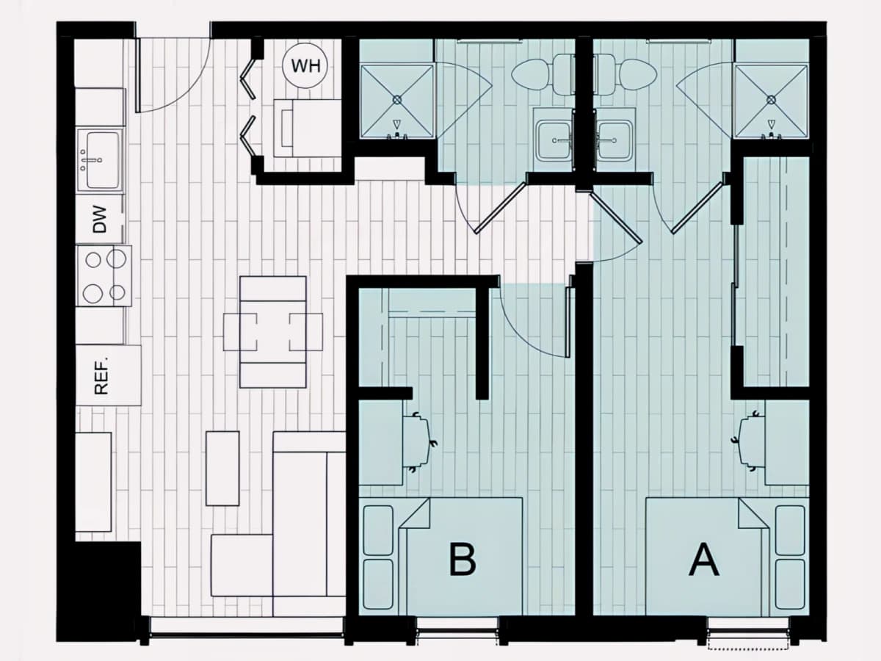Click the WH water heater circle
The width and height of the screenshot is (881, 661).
click(x=305, y=65)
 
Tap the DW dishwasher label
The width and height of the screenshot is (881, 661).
click(x=100, y=220)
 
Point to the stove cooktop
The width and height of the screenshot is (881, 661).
click(x=104, y=276)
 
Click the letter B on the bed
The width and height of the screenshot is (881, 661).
click(x=463, y=559)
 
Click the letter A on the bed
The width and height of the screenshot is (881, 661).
click(x=703, y=560)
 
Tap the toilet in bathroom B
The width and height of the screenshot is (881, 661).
click(x=543, y=76)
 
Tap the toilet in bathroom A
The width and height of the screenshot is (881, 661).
click(x=627, y=76)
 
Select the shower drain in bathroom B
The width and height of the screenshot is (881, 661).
click(x=397, y=98)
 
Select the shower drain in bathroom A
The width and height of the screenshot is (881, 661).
click(x=771, y=98)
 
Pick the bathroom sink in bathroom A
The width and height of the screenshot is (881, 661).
click(x=614, y=140)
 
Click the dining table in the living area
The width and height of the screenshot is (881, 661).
click(x=273, y=332)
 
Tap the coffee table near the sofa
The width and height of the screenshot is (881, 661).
click(x=222, y=469)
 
